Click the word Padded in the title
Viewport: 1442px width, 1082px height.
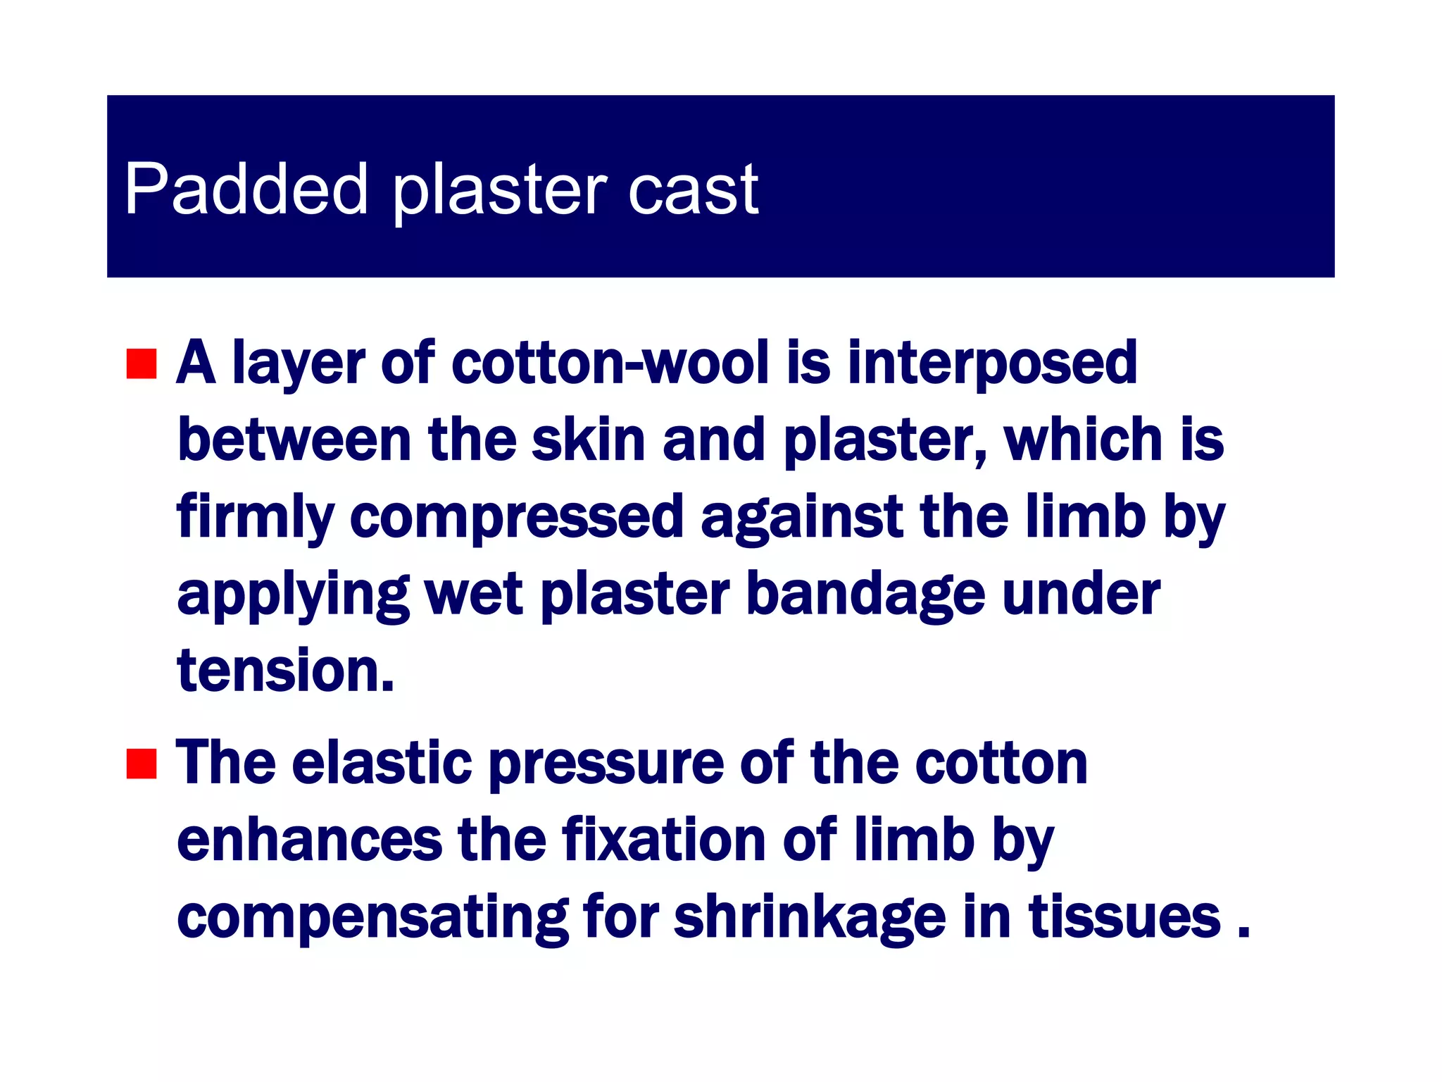(246, 189)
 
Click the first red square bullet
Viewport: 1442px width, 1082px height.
(142, 363)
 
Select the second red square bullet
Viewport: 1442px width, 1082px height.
(142, 764)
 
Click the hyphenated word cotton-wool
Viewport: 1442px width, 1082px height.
(610, 363)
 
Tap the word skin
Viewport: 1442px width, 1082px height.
(589, 440)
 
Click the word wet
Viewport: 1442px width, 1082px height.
(474, 595)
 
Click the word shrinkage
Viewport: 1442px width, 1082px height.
(810, 917)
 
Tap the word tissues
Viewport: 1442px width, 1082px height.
(1124, 917)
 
